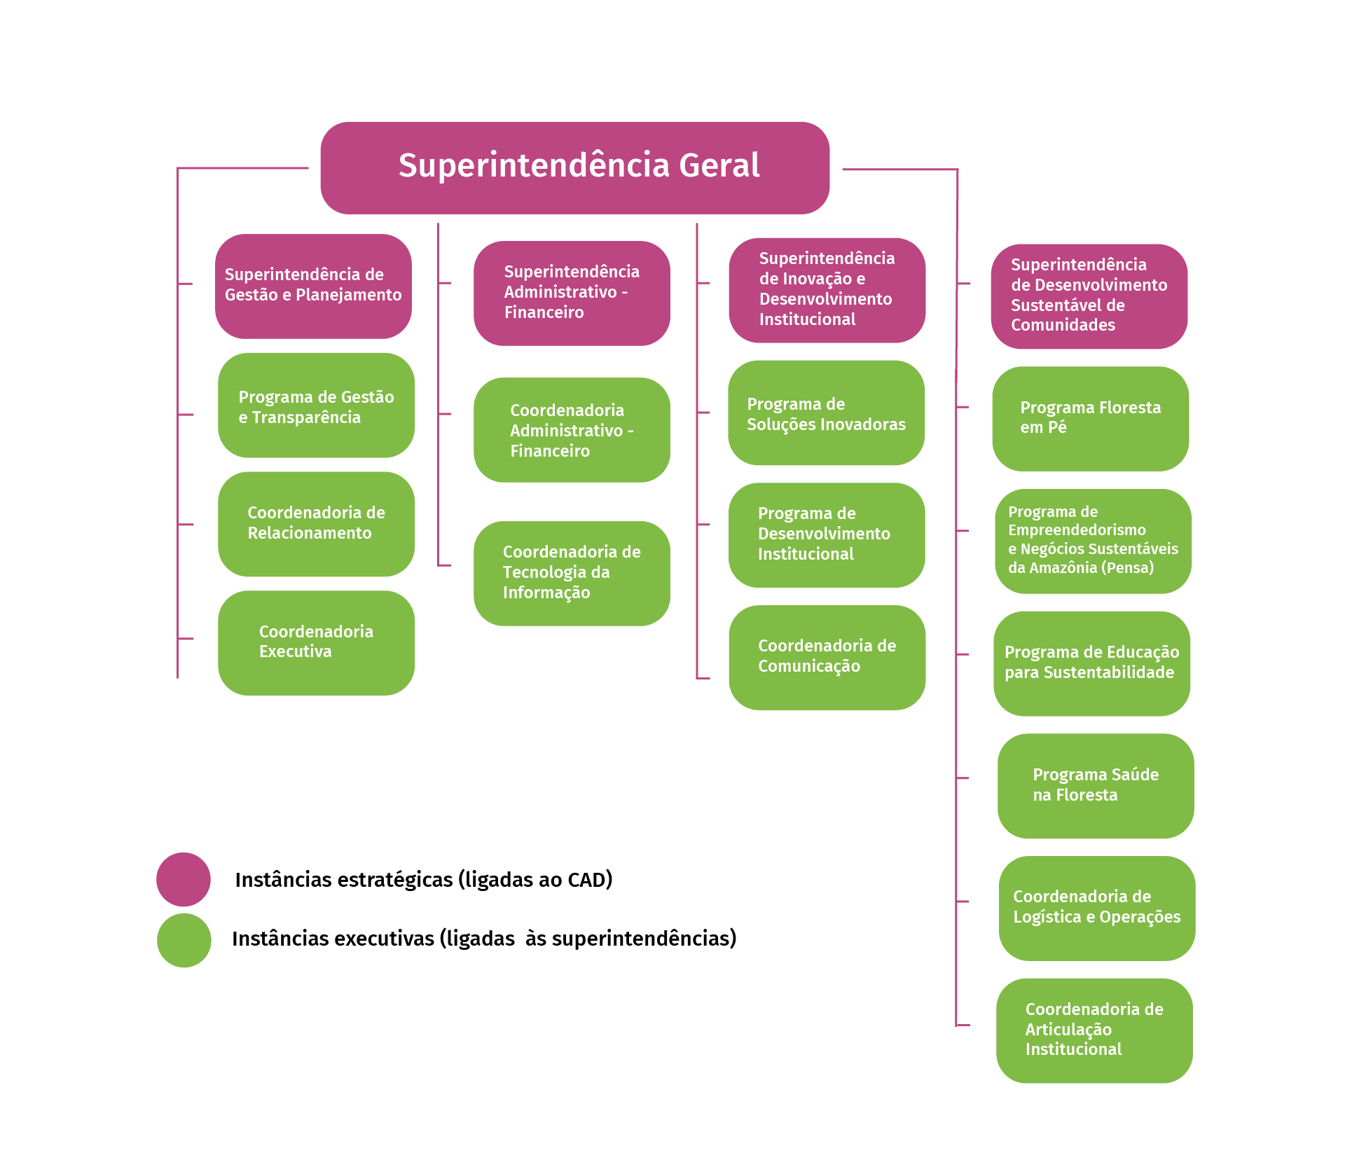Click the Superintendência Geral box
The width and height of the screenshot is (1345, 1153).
[x=574, y=167]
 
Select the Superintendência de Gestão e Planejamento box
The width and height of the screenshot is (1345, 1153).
[x=313, y=286]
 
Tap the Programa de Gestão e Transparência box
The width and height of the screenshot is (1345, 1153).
[x=316, y=406]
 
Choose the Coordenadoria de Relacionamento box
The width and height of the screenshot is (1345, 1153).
[x=316, y=524]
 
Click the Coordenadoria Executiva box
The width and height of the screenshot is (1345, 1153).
[x=316, y=642]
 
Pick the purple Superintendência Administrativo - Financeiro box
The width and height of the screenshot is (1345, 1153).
[x=572, y=293]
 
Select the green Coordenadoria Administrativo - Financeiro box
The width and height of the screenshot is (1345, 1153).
[x=572, y=430]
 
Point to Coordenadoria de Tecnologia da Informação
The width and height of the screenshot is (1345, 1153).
[x=572, y=573]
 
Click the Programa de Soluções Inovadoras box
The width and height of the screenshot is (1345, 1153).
[x=826, y=413]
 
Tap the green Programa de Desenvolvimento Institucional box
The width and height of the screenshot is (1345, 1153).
[x=827, y=534]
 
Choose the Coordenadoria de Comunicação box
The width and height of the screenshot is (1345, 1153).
[x=827, y=657]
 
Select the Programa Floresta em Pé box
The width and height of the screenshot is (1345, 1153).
[x=1090, y=418]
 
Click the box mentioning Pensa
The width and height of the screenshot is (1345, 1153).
[x=1093, y=541]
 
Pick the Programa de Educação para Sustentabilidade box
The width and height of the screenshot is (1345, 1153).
[x=1091, y=663]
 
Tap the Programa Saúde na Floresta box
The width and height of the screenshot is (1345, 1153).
[x=1096, y=786]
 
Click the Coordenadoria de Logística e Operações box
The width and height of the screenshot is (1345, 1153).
[x=1096, y=908]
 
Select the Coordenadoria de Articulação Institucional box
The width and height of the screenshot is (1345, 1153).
[x=1094, y=1030]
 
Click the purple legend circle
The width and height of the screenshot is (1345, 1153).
[x=184, y=879]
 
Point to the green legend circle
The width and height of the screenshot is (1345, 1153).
[x=184, y=940]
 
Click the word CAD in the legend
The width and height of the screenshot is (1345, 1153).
[x=586, y=880]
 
